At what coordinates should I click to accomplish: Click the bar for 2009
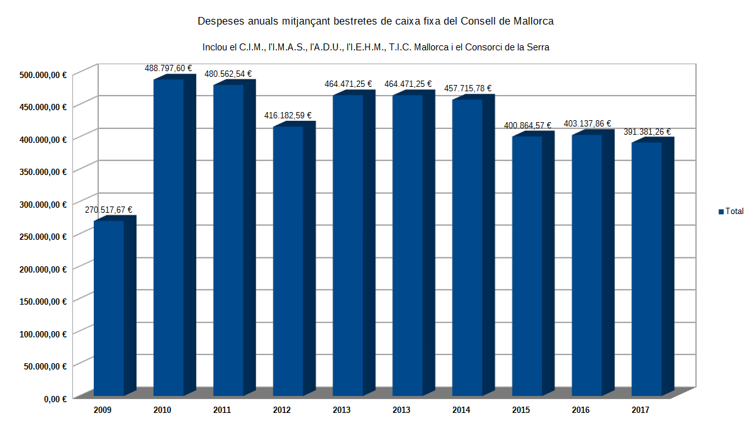109,308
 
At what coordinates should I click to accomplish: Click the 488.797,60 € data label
169,68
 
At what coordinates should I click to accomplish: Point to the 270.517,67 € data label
109,210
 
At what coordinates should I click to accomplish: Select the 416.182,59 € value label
288,116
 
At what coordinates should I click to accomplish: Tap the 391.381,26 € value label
647,132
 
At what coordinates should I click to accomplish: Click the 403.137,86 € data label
587,124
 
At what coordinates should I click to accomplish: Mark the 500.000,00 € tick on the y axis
43,74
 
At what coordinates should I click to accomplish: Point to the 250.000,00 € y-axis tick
43,237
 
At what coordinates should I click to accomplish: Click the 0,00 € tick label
54,398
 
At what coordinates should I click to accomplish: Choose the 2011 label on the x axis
222,410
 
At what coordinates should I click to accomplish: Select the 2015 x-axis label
521,410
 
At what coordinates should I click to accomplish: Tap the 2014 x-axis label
461,410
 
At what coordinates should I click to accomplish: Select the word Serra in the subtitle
537,47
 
